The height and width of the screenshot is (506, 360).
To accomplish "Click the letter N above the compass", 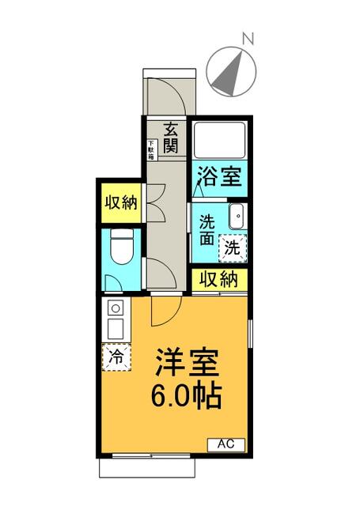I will pos(248,37).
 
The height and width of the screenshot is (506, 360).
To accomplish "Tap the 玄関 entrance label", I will pos(170,138).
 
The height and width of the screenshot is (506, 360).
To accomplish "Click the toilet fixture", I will pos(121,246).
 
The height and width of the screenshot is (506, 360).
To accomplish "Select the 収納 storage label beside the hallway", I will pos(120,202).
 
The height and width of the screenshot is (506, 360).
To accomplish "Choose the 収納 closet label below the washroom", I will pos(218,279).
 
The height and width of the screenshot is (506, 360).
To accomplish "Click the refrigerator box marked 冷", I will pos(116,357).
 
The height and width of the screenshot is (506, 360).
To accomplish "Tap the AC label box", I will pos(227,444).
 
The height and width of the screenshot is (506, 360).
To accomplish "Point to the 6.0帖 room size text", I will pos(187,394).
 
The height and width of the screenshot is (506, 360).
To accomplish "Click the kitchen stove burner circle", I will pos(115,308).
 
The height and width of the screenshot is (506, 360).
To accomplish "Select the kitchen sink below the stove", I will pos(115,327).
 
